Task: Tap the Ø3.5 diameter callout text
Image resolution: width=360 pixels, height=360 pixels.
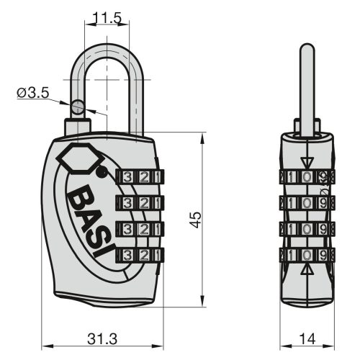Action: click(31, 92)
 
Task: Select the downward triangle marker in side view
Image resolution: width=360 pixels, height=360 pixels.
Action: click(307, 161)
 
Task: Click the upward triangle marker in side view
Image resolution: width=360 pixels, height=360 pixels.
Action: click(307, 271)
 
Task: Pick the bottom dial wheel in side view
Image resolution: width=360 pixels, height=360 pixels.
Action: click(307, 255)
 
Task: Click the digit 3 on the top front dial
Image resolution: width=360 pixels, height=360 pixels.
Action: click(127, 176)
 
